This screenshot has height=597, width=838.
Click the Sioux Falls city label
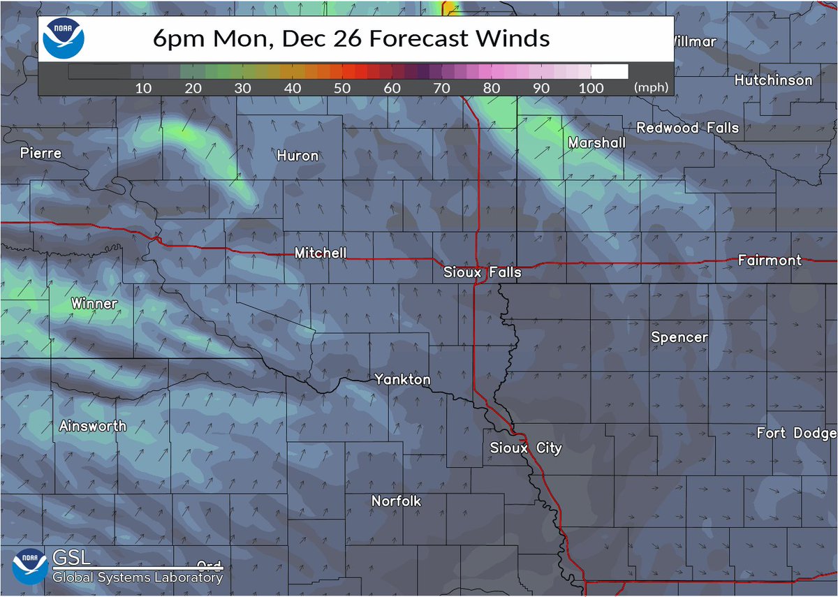483,272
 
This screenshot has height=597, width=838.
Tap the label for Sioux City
525,448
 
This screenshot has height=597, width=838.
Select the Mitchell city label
320,253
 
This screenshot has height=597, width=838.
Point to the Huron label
297,156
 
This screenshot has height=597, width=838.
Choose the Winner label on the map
94,304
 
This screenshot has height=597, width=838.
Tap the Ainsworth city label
93,426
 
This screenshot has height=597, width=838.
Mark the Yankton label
402,380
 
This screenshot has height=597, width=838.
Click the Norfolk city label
396,501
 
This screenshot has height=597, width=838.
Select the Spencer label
679,338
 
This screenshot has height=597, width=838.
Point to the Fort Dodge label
796,434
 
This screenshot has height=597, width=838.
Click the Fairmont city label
770,260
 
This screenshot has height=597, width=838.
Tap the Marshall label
596,142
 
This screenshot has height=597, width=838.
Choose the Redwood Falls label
687,128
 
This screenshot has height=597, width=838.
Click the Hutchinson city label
773,80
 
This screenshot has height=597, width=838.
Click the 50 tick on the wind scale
342,89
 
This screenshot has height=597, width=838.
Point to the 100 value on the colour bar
591,89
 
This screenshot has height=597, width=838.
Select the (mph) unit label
651,89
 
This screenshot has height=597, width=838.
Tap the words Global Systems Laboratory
138,577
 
